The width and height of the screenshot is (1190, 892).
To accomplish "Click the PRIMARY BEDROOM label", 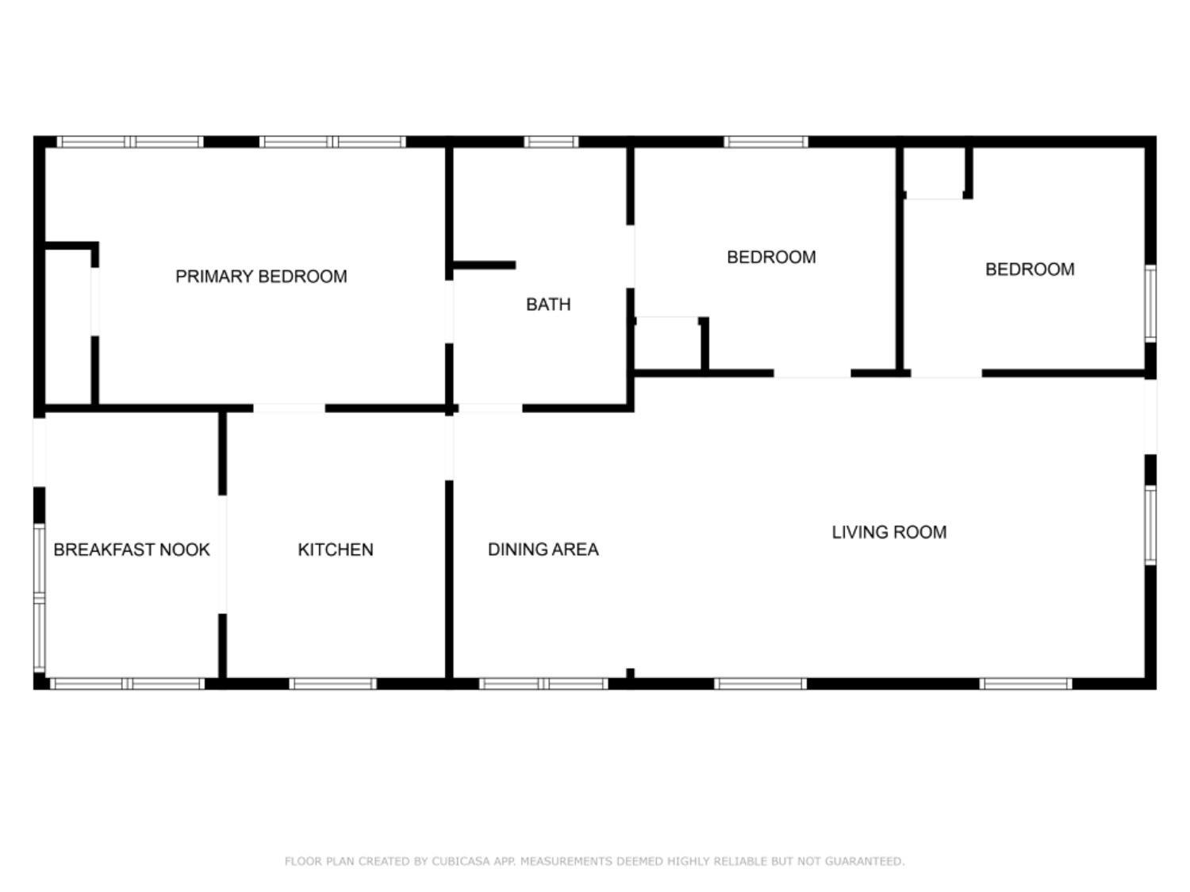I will pyautogui.click(x=261, y=277).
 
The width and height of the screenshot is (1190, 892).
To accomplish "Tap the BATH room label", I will pyautogui.click(x=548, y=304).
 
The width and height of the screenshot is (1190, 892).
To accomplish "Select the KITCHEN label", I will pyautogui.click(x=335, y=549).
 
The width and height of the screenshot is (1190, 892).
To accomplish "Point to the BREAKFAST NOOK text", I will pyautogui.click(x=132, y=549).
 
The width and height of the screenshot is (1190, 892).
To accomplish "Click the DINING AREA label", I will pyautogui.click(x=543, y=549).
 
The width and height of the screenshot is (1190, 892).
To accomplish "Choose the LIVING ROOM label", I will pyautogui.click(x=889, y=532).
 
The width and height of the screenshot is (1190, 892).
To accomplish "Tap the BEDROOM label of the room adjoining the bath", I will pyautogui.click(x=771, y=257).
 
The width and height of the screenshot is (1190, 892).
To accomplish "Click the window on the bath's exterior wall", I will pyautogui.click(x=551, y=143).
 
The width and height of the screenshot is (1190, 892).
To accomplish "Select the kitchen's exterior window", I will pyautogui.click(x=332, y=683).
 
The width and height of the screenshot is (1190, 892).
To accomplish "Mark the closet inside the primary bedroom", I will pyautogui.click(x=68, y=327).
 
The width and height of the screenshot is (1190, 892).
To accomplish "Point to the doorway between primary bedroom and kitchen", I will pyautogui.click(x=289, y=408).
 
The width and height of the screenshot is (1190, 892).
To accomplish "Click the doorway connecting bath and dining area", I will pyautogui.click(x=489, y=408).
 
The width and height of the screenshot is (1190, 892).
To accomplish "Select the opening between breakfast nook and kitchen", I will pyautogui.click(x=223, y=553).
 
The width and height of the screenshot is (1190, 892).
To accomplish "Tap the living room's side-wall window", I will pyautogui.click(x=1150, y=525).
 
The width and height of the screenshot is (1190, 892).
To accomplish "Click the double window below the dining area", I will pyautogui.click(x=543, y=683).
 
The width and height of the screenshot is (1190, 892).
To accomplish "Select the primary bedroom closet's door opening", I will pyautogui.click(x=95, y=301).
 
